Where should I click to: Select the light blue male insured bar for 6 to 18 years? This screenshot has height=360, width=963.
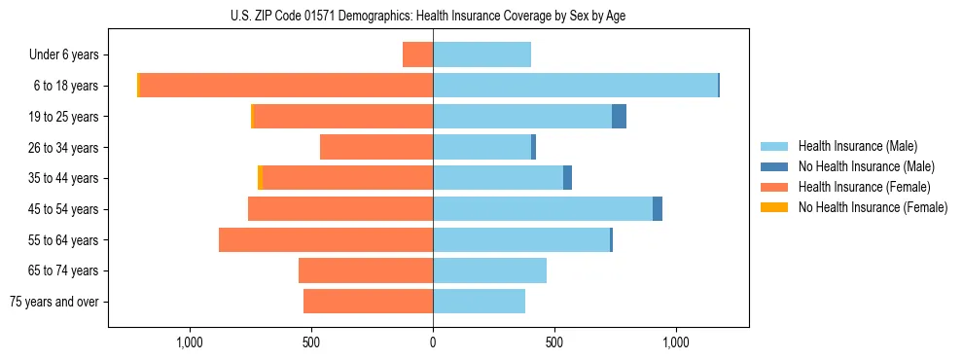click(575, 86)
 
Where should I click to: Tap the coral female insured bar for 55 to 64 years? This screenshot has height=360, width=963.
click(326, 239)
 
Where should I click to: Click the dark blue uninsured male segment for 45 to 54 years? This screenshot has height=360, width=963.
click(658, 209)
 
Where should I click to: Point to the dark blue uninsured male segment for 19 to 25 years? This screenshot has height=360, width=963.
click(619, 117)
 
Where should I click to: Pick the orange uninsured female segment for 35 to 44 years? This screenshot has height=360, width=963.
click(260, 178)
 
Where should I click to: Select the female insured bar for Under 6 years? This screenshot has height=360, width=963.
click(417, 54)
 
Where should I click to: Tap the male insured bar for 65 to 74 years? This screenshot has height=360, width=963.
click(489, 270)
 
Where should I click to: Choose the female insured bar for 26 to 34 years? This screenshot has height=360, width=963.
click(376, 147)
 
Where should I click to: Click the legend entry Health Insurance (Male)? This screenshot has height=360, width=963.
click(857, 146)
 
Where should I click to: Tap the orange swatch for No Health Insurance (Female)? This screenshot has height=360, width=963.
click(774, 207)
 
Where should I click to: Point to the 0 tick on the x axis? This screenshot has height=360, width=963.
click(433, 342)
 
